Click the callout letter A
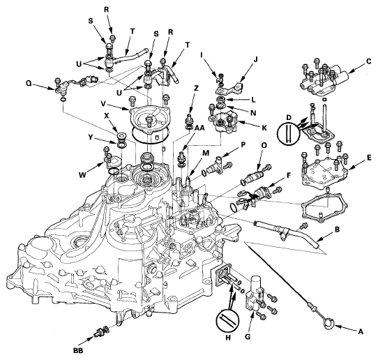(361, 332)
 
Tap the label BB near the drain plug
(78, 351)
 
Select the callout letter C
(369, 61)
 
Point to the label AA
(199, 128)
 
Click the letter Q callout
(29, 83)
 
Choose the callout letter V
(104, 105)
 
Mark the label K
(264, 128)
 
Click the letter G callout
(248, 337)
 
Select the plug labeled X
(121, 137)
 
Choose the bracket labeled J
(229, 88)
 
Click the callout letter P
(243, 144)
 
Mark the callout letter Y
(90, 137)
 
